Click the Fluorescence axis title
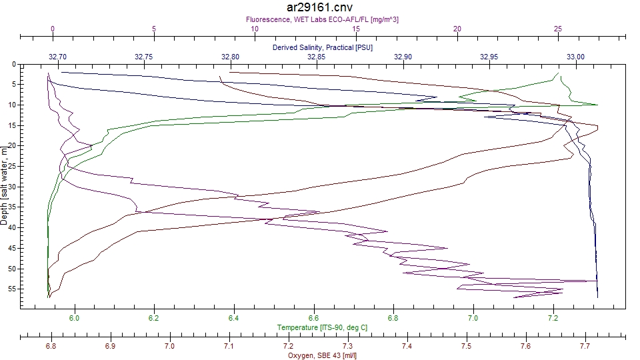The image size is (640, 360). [323, 20]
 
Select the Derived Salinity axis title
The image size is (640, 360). [323, 48]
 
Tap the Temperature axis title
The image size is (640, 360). [323, 328]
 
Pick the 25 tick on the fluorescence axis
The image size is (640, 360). [558, 29]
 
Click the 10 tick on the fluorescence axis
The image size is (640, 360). [255, 29]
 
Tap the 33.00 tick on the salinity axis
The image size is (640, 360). [575, 57]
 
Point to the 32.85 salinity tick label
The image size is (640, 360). [317, 57]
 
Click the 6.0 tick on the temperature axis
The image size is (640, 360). [75, 319]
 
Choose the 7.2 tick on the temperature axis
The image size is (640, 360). [553, 319]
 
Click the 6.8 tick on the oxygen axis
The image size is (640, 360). [51, 347]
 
